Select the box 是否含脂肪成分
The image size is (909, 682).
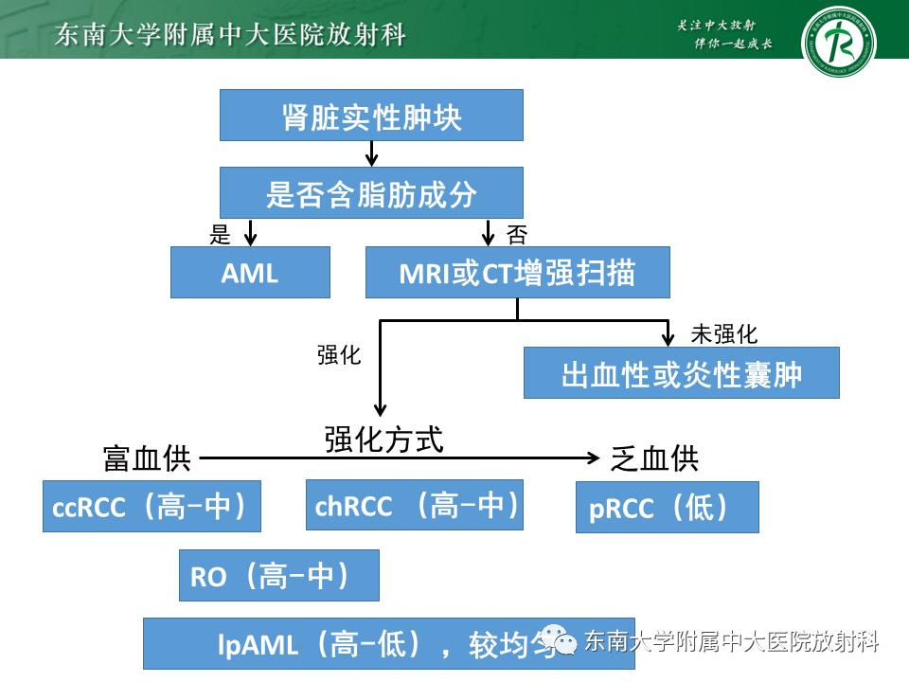[371, 193]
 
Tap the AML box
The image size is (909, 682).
[250, 273]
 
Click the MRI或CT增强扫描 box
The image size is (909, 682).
[517, 273]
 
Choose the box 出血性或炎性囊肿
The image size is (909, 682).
[681, 372]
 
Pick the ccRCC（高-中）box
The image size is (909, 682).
[151, 507]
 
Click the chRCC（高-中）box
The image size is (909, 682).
[415, 505]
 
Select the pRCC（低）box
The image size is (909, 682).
[668, 507]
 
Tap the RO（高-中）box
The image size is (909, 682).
[278, 575]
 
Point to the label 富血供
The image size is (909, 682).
[147, 458]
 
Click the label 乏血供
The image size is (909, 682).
[654, 458]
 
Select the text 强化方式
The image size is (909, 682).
[383, 439]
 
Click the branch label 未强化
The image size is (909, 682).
[724, 333]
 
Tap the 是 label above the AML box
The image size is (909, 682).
[220, 235]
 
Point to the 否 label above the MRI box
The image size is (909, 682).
[517, 235]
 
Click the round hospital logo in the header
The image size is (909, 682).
[838, 41]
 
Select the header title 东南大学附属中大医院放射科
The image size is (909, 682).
[231, 35]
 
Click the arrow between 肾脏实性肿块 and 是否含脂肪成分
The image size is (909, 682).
[371, 153]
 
